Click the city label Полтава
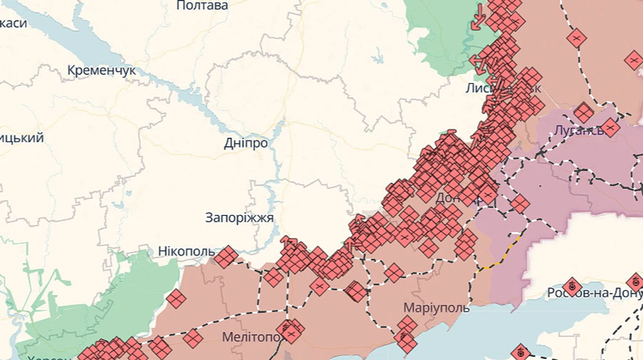click(202, 6)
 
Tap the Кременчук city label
click(102, 70)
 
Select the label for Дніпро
click(246, 144)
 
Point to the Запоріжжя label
click(240, 218)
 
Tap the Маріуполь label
click(437, 308)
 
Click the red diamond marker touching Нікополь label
click(227, 257)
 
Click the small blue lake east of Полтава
click(378, 55)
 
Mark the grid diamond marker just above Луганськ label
click(584, 113)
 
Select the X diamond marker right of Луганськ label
click(610, 127)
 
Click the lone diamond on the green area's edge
click(176, 299)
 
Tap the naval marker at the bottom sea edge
click(519, 352)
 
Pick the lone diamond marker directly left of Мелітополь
click(193, 338)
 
